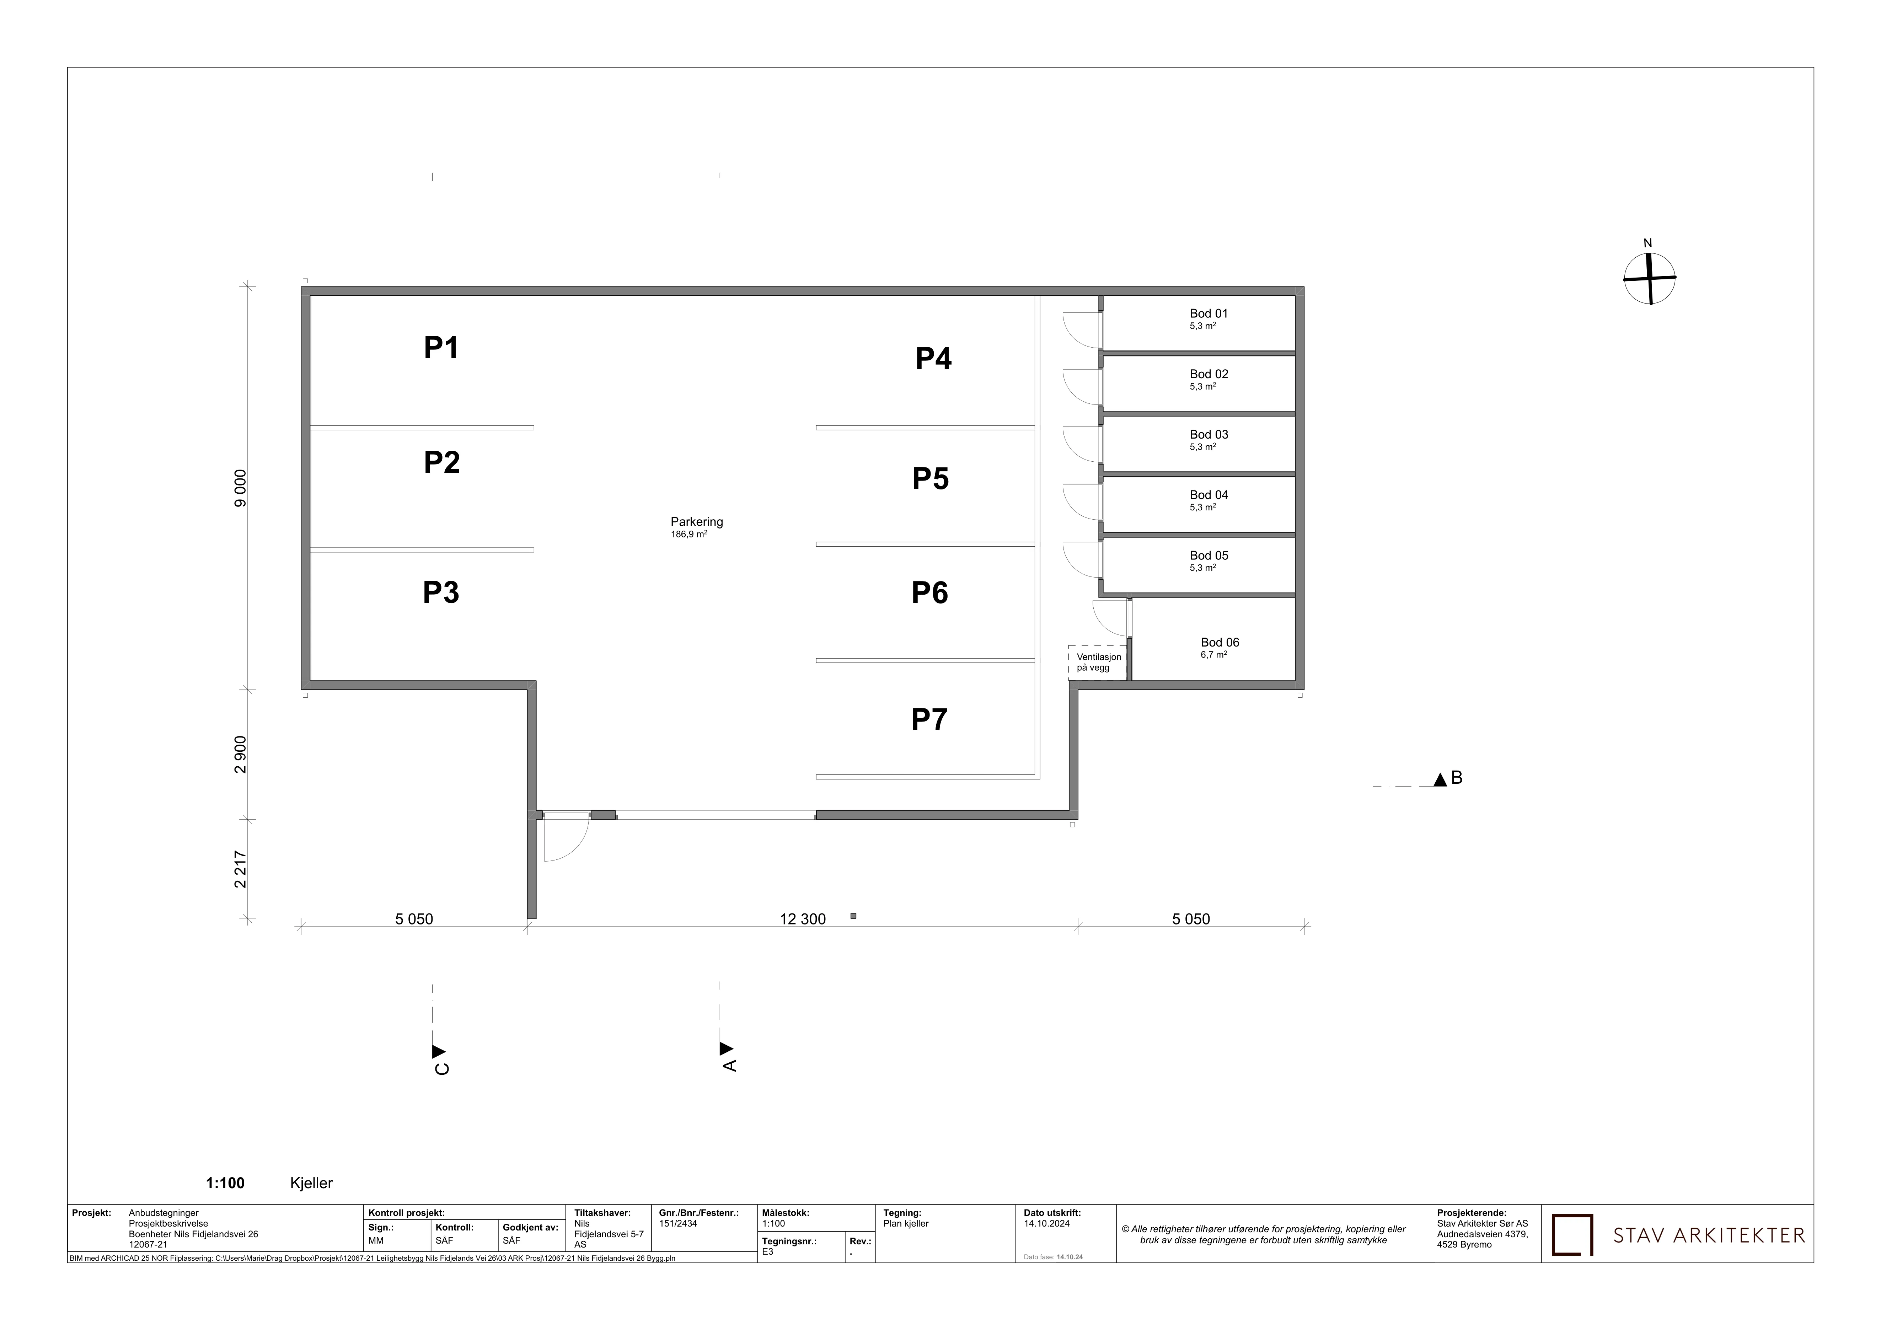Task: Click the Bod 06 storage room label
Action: pos(1220,642)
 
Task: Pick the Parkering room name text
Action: pos(696,522)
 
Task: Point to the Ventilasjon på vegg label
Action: pos(1099,663)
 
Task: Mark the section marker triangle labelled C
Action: pos(438,1051)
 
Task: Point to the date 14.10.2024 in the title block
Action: pos(1046,1223)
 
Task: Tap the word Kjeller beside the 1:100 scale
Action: pos(311,1184)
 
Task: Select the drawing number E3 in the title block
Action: pos(768,1251)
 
